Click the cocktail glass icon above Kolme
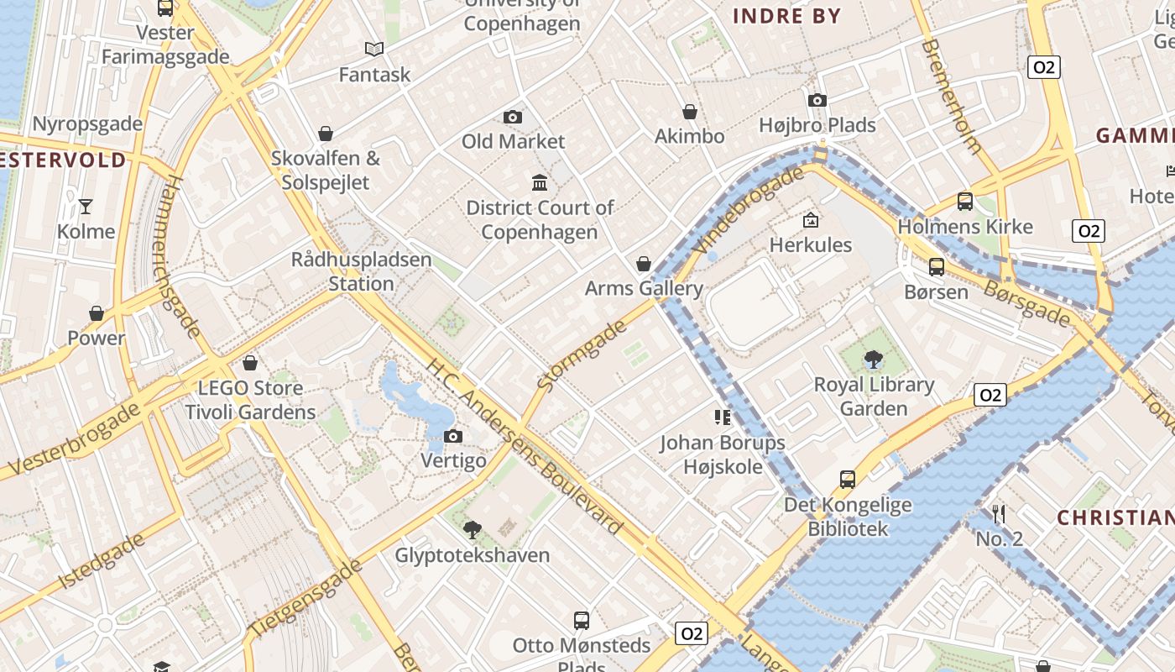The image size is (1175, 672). (85, 206)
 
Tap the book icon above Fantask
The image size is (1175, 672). (374, 50)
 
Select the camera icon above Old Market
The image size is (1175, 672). (513, 117)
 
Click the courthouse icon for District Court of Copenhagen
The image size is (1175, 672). (540, 182)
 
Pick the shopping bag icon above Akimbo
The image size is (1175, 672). (690, 112)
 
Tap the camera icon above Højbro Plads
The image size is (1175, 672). (817, 100)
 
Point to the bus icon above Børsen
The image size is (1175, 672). (936, 267)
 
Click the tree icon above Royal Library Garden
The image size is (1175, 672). (874, 360)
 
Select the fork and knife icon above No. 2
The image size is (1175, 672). (999, 513)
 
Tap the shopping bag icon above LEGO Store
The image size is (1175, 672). (250, 363)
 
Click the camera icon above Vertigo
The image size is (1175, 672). (453, 436)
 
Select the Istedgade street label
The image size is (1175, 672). (102, 559)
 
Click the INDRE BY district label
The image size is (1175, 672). (786, 16)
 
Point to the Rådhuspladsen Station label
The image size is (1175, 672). (361, 271)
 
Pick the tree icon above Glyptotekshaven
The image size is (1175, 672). (473, 530)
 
